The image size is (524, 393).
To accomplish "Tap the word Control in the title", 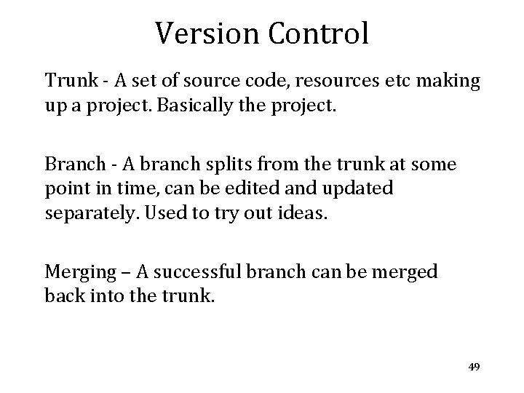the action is click(317, 33).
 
